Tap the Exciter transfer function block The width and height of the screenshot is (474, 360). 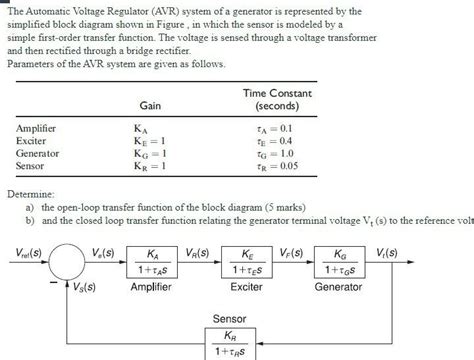(x=245, y=262)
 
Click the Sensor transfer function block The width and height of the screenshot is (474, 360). (x=229, y=343)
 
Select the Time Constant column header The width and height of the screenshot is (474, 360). (x=271, y=98)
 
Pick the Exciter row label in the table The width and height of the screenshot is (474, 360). (x=32, y=141)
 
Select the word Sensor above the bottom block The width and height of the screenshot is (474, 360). (x=229, y=318)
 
